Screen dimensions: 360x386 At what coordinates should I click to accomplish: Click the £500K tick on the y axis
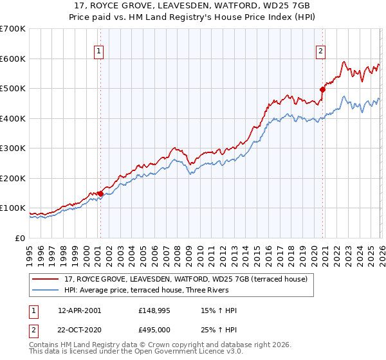13,88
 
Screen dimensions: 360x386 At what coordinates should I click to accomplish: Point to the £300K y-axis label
13,148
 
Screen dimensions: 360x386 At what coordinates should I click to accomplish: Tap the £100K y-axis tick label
13,208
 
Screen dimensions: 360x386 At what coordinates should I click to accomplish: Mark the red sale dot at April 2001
100,194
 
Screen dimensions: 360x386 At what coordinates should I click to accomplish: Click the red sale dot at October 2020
322,90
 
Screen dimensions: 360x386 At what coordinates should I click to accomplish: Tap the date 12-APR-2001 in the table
80,310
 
